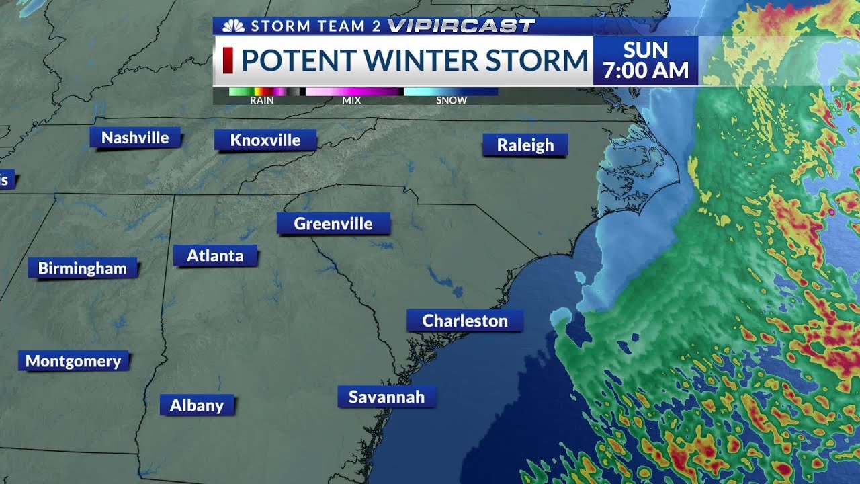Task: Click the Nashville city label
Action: coord(135,138)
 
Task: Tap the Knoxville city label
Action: coord(265,140)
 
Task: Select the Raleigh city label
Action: coord(525,145)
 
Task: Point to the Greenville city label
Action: coord(333,223)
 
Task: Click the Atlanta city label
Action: coord(215,255)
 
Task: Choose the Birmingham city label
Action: coord(82,268)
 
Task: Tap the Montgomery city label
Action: coord(73,361)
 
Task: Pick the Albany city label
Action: coord(197,405)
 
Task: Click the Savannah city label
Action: coord(386,397)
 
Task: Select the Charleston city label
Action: coord(465,321)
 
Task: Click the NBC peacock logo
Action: coord(234,26)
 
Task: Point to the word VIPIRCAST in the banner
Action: coord(461,26)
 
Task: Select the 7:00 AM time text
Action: coord(646,71)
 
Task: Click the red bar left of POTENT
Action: coord(228,60)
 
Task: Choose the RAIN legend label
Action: coord(261,100)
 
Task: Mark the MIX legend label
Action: coord(351,100)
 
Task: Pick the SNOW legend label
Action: coord(451,100)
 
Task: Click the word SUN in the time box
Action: coord(646,50)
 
